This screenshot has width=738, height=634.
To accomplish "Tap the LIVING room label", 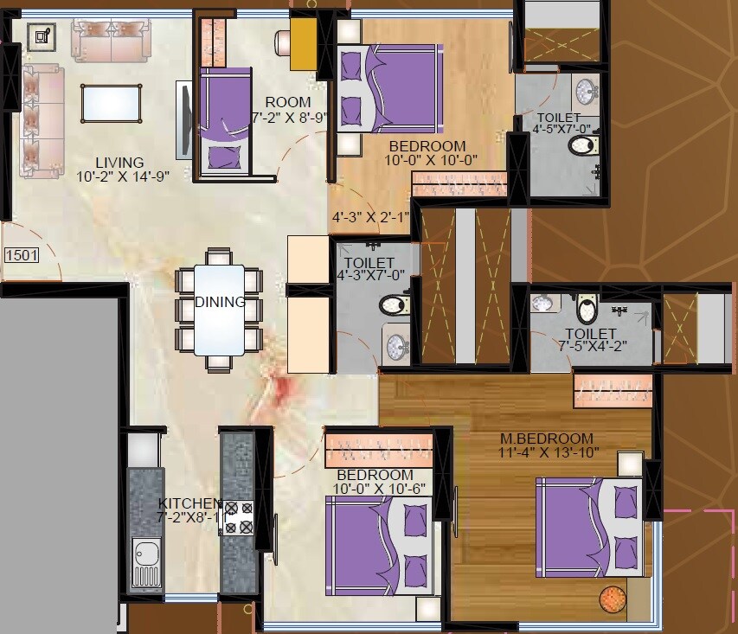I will tap(119, 163).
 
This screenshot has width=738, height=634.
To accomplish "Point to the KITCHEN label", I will tap(189, 503).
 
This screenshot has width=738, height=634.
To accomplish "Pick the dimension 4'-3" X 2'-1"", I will tap(369, 217).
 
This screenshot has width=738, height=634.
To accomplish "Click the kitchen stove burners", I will tap(237, 517).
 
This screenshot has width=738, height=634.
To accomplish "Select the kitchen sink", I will tap(145, 553).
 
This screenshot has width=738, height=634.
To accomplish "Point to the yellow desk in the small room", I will tap(303, 44).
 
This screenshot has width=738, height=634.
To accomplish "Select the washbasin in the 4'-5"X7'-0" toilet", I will tap(587, 90).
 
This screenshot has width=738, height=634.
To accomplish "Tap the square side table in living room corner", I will tap(41, 36).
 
